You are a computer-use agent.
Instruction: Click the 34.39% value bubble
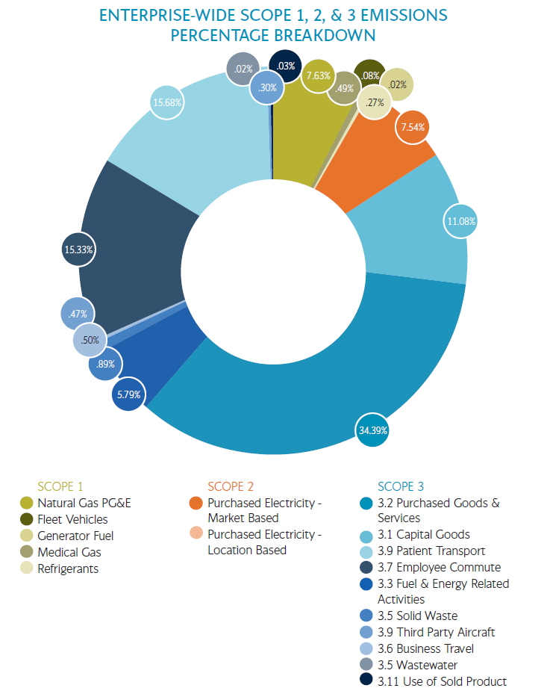[x=373, y=430]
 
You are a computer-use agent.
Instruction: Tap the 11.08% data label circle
[x=461, y=221]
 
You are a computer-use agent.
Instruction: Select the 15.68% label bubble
[x=166, y=102]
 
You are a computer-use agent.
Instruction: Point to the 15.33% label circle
[x=78, y=250]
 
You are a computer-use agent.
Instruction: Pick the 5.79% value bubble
[x=128, y=394]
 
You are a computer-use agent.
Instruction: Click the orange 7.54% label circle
[x=412, y=127]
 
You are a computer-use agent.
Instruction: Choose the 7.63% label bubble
[x=319, y=75]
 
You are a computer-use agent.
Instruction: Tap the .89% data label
[x=105, y=365]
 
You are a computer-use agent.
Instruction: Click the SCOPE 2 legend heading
[x=236, y=486]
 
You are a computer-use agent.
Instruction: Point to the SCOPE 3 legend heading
[x=406, y=486]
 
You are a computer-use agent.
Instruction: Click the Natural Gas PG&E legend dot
[x=27, y=503]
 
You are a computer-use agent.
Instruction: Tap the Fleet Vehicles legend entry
[x=72, y=519]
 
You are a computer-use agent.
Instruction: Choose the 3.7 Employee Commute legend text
[x=439, y=567]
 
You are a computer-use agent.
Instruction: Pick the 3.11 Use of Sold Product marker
[x=366, y=681]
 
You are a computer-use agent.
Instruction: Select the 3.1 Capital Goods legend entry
[x=423, y=534]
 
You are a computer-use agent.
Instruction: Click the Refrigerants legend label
[x=68, y=568]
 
